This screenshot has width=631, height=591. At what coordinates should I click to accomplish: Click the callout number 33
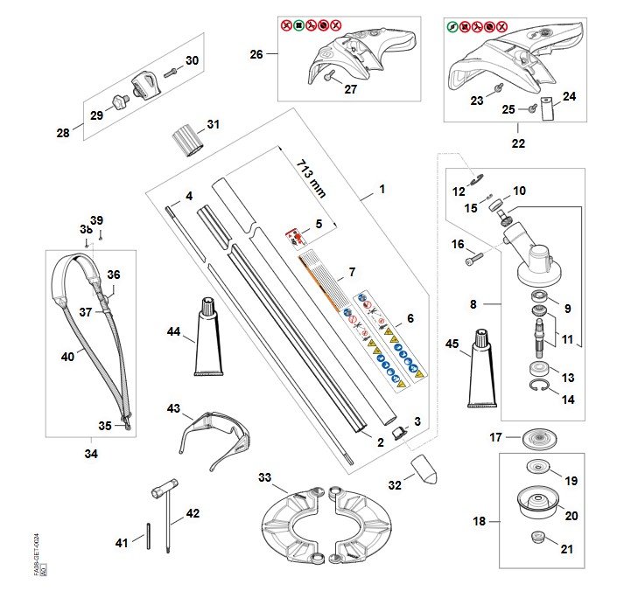pyautogui.click(x=265, y=477)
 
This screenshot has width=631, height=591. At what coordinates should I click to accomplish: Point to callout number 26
pyautogui.click(x=256, y=54)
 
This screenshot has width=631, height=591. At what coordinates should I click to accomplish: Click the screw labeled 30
pyautogui.click(x=171, y=66)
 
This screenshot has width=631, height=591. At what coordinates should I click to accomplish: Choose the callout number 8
pyautogui.click(x=473, y=305)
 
